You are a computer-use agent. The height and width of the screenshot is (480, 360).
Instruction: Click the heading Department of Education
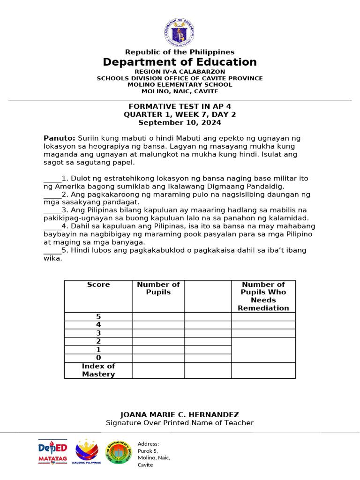click(180, 62)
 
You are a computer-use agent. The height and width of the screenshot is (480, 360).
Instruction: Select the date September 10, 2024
click(180, 123)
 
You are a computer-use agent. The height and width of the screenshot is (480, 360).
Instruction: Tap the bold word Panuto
click(59, 138)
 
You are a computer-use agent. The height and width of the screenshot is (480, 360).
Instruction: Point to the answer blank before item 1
click(52, 179)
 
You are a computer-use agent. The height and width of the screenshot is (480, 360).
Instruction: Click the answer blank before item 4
click(52, 226)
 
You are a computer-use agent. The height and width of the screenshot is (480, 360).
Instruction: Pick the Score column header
click(98, 285)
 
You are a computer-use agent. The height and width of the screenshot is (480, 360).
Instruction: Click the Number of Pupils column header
click(158, 288)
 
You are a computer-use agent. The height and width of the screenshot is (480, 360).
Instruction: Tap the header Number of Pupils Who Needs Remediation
click(263, 296)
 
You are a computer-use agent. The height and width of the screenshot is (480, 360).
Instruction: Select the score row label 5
click(98, 317)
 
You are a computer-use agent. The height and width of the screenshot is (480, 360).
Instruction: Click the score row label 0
click(98, 358)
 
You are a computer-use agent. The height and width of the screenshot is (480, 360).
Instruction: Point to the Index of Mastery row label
click(98, 370)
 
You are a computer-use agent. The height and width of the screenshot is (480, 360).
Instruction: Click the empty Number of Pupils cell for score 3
click(158, 333)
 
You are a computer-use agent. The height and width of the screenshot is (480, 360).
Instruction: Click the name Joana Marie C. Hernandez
click(180, 415)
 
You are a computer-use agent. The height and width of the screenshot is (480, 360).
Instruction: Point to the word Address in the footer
click(148, 444)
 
